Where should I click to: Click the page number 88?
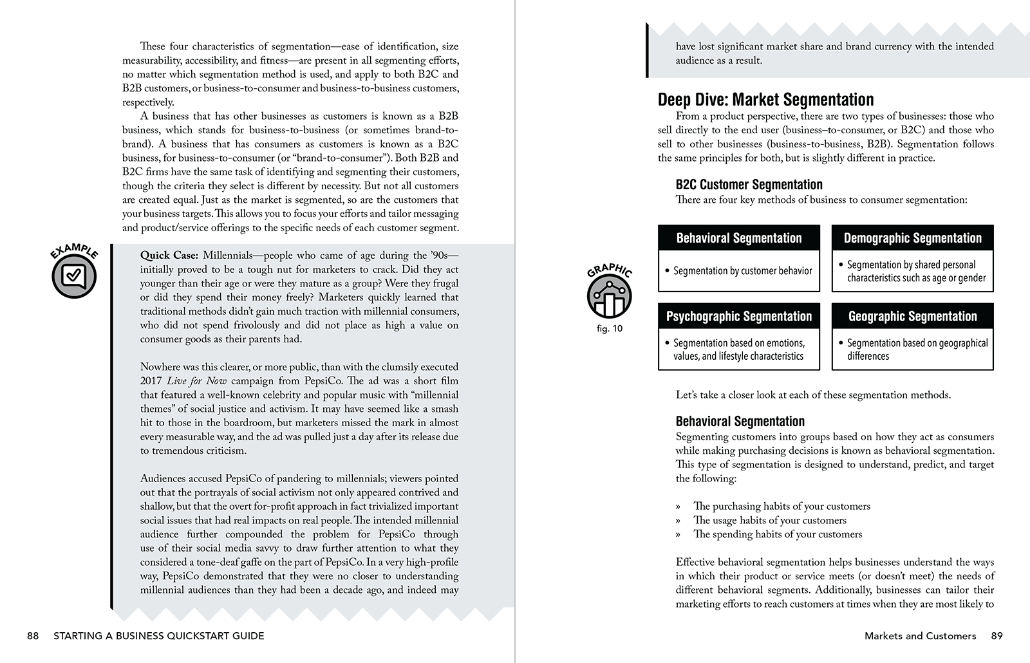[33, 636]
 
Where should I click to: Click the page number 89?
[997, 636]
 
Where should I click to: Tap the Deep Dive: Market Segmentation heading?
[765, 100]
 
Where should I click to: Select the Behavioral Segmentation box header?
[738, 238]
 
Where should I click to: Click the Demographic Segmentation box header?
[912, 238]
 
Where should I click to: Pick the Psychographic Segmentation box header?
[738, 317]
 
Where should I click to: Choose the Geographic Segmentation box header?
[912, 317]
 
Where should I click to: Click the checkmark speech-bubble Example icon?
[74, 277]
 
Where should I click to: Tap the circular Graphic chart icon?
[609, 297]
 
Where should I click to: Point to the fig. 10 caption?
[609, 329]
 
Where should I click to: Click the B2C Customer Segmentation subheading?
[749, 185]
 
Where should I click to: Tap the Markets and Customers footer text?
[920, 636]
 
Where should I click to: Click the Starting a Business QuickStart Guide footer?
[158, 636]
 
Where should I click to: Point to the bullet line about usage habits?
[769, 520]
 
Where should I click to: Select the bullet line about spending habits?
[777, 534]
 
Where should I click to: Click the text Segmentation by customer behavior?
[742, 271]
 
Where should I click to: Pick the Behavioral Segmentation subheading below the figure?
[740, 422]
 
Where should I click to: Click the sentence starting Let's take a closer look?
[812, 395]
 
